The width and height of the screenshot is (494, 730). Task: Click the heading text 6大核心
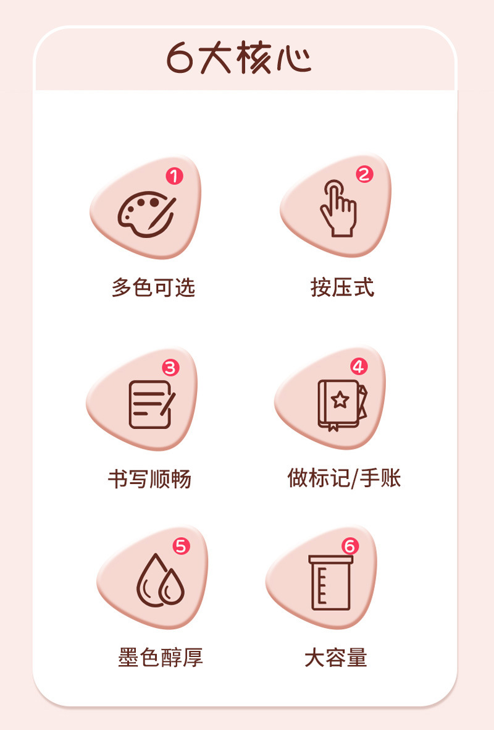(238, 58)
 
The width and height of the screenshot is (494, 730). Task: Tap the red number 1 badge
(174, 176)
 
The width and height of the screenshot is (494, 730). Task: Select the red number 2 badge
(364, 174)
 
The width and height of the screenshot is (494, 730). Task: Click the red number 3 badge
(170, 368)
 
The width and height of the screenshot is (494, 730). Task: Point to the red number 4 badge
(359, 367)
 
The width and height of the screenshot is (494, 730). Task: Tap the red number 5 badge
(182, 546)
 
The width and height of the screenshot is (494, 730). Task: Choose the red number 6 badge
(350, 546)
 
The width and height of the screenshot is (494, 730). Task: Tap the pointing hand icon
(338, 208)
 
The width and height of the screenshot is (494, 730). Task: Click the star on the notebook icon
(340, 399)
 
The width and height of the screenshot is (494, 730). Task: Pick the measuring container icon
(331, 582)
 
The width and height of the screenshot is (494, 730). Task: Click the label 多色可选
(154, 287)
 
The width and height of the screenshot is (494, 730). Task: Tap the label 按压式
(342, 287)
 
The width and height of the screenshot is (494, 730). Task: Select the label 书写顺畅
(150, 479)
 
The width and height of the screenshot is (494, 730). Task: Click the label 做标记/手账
(344, 478)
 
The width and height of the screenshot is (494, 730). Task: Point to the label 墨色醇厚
(161, 658)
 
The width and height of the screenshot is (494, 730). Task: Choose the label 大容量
(336, 658)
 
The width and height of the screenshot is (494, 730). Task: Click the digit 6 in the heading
(180, 58)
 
